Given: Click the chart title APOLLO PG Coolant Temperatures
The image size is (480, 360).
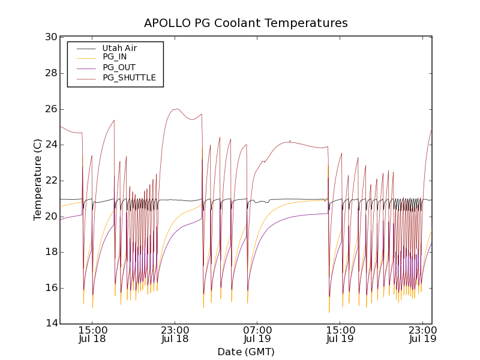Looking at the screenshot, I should click(x=245, y=23).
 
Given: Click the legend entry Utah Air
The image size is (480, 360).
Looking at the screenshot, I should click(x=119, y=48).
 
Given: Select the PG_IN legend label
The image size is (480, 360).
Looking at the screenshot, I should click(x=115, y=57).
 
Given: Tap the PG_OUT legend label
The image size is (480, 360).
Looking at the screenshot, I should click(x=119, y=67).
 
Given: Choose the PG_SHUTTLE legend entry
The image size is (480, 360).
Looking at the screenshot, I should click(x=129, y=77).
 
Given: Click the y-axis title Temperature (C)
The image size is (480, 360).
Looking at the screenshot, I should click(x=38, y=180).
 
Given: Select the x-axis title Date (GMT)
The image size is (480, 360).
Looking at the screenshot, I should click(x=245, y=352).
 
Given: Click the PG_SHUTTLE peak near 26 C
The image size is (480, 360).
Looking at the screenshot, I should click(x=176, y=109).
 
